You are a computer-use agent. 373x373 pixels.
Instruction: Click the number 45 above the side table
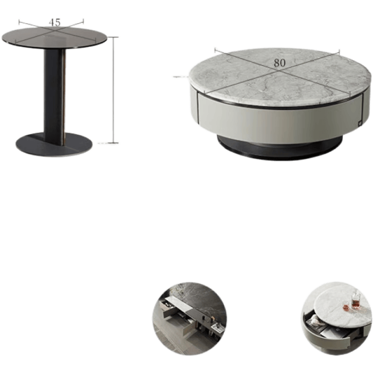55,22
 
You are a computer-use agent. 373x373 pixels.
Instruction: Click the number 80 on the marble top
280,62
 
